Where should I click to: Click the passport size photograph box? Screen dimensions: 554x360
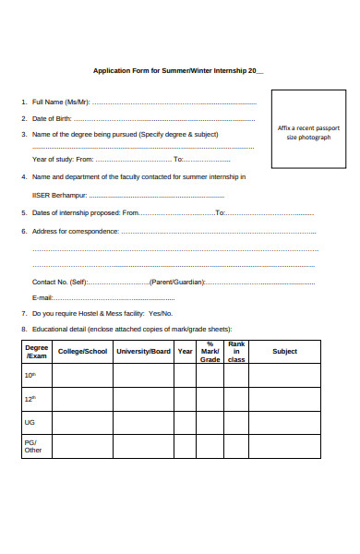308,131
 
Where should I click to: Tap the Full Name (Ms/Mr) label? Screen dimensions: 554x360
61,102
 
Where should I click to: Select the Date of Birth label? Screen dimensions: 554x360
52,118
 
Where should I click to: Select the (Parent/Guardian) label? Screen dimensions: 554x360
176,282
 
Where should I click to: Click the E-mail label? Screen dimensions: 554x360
42,297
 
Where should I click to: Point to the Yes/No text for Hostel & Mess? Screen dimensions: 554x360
160,314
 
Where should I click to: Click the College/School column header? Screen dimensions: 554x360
82,351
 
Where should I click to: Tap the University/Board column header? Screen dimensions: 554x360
143,351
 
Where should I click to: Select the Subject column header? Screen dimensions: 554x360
284,351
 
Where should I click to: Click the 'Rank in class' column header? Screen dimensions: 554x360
236,351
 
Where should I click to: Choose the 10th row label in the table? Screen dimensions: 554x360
30,375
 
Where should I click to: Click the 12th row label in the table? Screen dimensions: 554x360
30,399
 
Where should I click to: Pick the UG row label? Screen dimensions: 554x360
30,422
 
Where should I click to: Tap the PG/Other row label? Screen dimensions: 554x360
33,446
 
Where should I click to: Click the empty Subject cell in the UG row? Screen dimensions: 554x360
284,422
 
